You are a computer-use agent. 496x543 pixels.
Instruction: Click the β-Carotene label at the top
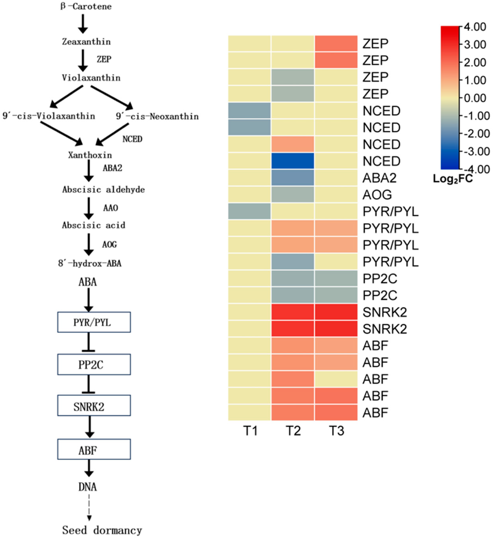(86, 6)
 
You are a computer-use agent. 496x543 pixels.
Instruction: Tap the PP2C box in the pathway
(94, 364)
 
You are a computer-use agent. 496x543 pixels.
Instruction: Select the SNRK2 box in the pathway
(94, 405)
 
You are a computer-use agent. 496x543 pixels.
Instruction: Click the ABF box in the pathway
(94, 449)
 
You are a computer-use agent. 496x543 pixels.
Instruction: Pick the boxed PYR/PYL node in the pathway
(94, 322)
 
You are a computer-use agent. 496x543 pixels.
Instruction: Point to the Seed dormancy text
(102, 530)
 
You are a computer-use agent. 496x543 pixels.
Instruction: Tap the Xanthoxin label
(90, 155)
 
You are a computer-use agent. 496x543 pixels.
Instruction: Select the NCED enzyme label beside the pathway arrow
(132, 139)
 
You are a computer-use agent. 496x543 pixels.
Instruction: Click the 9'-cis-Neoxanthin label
(157, 116)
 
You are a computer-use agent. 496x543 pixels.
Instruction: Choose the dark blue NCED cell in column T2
(293, 161)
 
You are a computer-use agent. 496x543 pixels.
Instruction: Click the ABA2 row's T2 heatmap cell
(293, 178)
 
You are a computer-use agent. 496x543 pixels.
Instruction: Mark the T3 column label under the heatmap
(336, 431)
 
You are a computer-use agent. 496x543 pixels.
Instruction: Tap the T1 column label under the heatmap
(250, 431)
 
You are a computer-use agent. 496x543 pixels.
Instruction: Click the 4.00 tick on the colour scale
(475, 27)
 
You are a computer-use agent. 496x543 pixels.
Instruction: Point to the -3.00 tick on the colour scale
(476, 151)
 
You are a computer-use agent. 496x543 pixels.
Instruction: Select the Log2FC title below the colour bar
(452, 179)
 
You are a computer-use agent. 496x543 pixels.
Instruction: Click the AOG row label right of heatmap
(377, 195)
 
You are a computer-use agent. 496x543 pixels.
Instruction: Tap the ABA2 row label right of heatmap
(379, 178)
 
